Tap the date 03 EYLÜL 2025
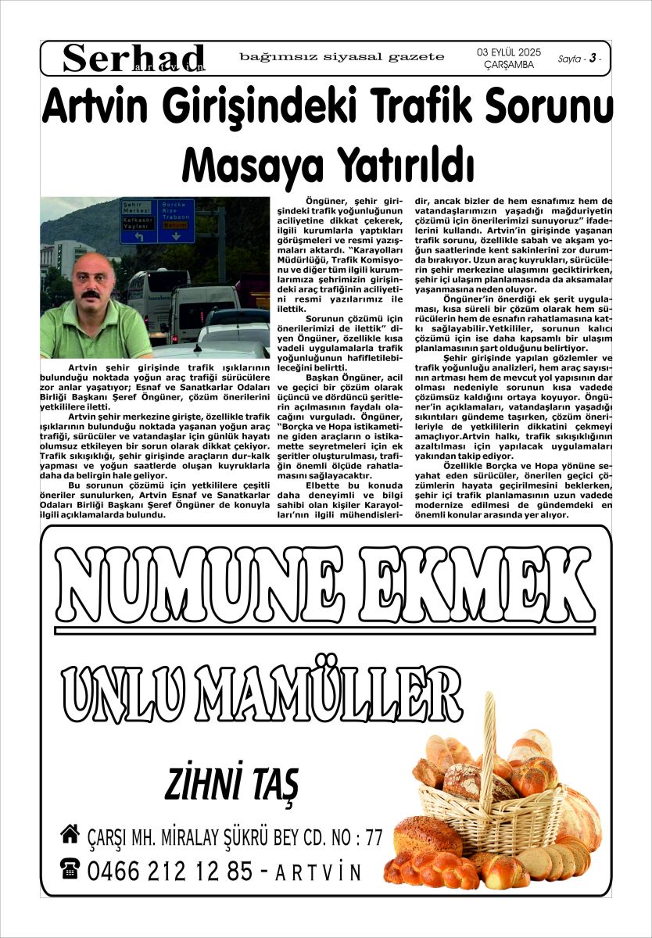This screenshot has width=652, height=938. click(509, 52)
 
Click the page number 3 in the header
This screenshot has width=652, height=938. click(593, 59)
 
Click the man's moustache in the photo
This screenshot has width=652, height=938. click(92, 295)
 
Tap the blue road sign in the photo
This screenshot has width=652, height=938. click(156, 220)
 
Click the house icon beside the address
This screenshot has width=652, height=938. click(70, 835)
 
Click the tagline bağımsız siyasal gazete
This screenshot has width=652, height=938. click(342, 56)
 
